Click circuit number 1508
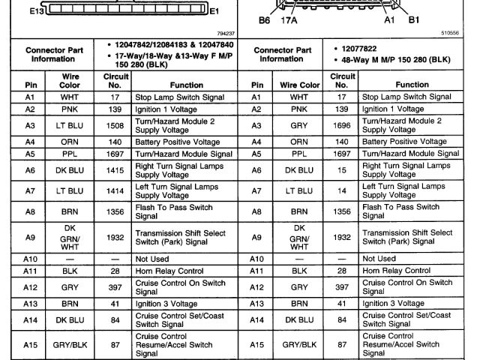(110, 125)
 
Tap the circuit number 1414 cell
(110, 191)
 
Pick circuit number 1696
(341, 125)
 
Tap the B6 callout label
(264, 21)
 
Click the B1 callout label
(413, 21)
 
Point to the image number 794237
(224, 34)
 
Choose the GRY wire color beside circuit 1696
(298, 125)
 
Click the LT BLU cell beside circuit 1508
(68, 125)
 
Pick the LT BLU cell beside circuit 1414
(68, 191)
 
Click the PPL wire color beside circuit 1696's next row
(298, 153)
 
